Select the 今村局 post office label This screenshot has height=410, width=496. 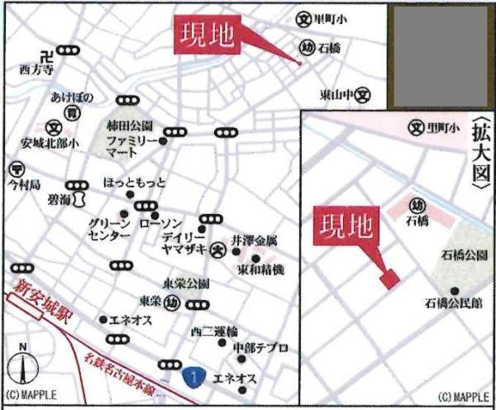click(x=23, y=183)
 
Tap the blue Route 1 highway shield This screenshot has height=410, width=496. click(x=193, y=376)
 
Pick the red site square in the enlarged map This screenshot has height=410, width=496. click(x=389, y=279)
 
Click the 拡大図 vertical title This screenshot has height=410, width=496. click(x=479, y=158)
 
